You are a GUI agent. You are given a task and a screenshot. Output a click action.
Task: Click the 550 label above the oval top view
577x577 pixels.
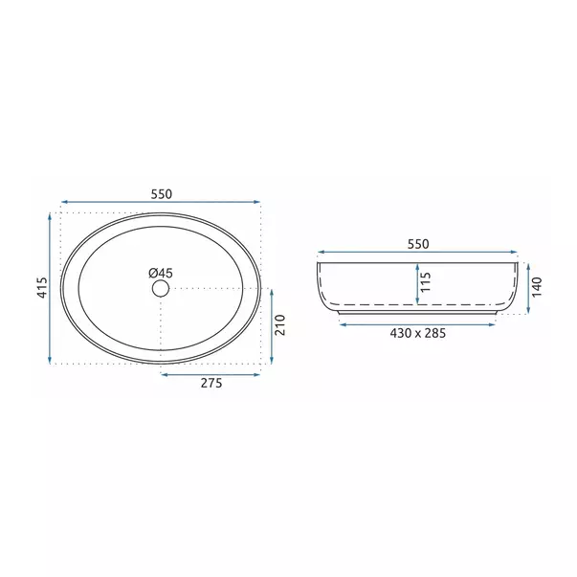click(161, 194)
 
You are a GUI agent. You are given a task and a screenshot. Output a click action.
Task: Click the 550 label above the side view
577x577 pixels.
click(418, 244)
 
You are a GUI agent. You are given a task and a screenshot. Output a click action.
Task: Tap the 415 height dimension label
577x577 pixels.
click(43, 287)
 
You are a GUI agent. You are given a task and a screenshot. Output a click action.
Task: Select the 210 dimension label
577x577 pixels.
click(280, 325)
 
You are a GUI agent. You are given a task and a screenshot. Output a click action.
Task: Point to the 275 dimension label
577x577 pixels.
click(211, 383)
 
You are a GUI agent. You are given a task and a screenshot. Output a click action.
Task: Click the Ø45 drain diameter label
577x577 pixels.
click(161, 273)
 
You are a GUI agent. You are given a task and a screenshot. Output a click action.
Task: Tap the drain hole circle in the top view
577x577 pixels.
click(161, 288)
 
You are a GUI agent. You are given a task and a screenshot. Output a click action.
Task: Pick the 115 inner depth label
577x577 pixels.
click(425, 282)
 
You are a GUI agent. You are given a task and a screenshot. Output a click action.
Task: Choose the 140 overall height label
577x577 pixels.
click(537, 287)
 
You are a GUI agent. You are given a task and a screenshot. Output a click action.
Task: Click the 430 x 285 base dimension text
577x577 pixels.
click(417, 333)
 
